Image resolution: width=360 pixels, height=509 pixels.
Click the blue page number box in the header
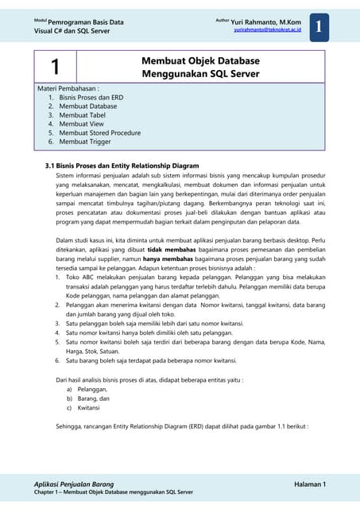[318, 26]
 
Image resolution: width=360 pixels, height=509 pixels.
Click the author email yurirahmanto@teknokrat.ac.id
[267, 28]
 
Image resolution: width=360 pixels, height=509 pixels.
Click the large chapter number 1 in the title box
[55, 66]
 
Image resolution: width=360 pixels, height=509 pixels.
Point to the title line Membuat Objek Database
[200, 60]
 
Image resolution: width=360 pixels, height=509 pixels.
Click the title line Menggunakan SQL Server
[200, 73]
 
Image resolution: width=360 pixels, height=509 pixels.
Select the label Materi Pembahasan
[73, 89]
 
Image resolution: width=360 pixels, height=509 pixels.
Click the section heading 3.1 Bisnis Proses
[122, 165]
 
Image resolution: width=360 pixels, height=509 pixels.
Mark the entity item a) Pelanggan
[87, 390]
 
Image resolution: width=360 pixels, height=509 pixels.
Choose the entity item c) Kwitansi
[83, 408]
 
